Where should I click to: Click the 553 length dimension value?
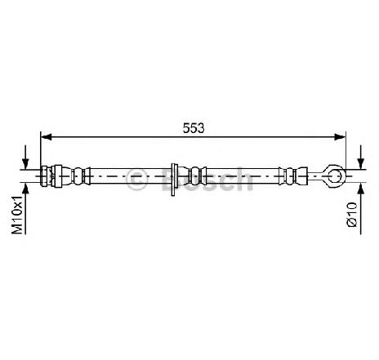point(194,128)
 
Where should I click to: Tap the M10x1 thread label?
point(18,215)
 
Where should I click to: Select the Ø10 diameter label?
point(352,214)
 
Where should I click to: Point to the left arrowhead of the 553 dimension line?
point(46,137)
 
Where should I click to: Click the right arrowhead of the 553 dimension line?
point(340,137)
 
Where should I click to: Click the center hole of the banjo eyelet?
point(334,176)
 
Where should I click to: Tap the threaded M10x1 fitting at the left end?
point(46,176)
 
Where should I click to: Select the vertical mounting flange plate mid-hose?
point(173,180)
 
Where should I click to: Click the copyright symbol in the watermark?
point(137,179)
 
